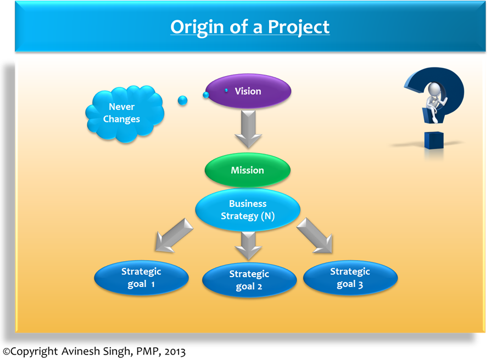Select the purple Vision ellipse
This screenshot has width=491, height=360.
pyautogui.click(x=248, y=91)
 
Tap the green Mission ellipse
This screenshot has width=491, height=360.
pyautogui.click(x=247, y=170)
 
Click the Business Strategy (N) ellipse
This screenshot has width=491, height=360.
pyautogui.click(x=248, y=210)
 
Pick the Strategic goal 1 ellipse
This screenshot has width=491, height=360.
pyautogui.click(x=141, y=278)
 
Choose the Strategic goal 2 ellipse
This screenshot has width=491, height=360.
pyautogui.click(x=249, y=280)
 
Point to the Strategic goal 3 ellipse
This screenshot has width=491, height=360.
pyautogui.click(x=350, y=278)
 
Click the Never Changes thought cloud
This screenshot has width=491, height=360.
pyautogui.click(x=124, y=113)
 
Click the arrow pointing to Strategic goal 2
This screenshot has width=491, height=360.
pyautogui.click(x=248, y=244)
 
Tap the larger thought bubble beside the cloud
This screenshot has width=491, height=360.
pyautogui.click(x=183, y=100)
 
